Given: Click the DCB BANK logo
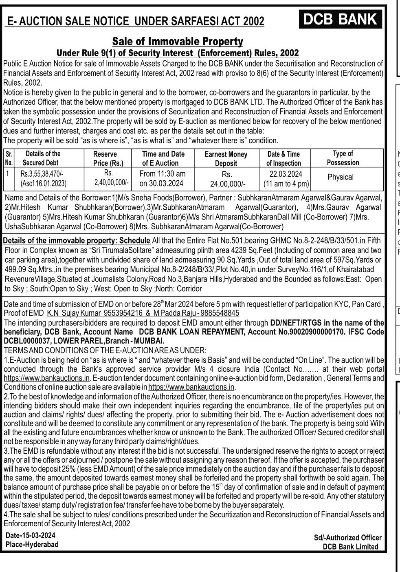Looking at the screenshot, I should pos(341,19).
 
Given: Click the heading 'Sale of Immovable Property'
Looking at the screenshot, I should pos(178,42).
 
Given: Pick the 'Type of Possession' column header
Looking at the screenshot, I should pos(343,158).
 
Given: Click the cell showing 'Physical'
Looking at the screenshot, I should pos(341,177).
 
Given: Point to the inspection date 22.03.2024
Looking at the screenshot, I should pos(286,174).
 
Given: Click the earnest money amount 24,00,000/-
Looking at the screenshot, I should pos(228,184).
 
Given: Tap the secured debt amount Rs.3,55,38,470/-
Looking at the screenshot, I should pos(42,174).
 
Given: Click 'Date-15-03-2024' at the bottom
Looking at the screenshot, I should pos(31,535).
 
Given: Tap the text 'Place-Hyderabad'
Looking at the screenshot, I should pos(32,544).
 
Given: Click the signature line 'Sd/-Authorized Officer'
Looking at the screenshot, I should pos(347,538).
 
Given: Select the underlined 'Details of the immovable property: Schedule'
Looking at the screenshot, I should pos(77,240).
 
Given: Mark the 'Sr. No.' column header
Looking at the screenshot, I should pos(9,158).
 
